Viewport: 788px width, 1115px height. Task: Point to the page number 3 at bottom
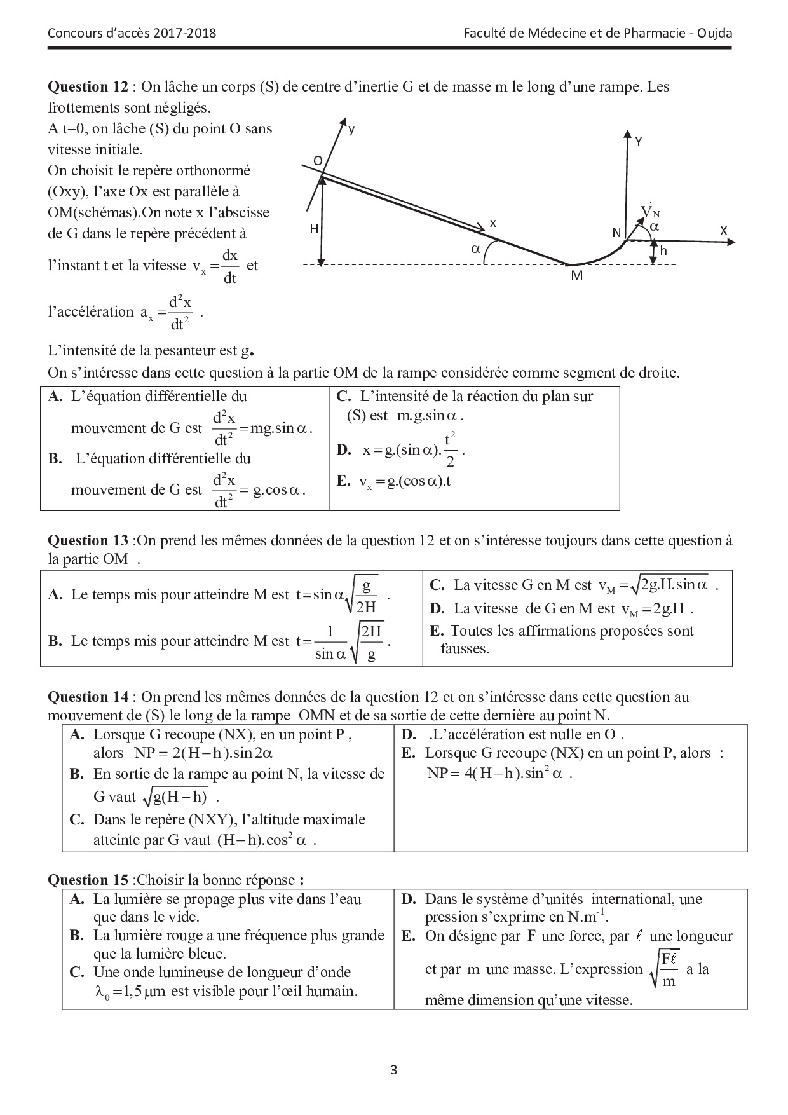point(394,1070)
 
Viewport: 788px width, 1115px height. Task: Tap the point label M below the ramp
point(576,276)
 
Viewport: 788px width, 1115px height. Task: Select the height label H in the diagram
point(314,229)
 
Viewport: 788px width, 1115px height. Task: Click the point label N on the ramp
point(616,233)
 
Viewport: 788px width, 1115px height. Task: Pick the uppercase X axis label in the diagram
point(723,231)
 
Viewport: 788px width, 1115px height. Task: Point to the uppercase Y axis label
point(638,142)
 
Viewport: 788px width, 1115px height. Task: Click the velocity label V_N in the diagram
point(649,211)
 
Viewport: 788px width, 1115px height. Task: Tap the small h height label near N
point(664,250)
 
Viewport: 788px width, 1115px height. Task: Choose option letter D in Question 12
point(343,450)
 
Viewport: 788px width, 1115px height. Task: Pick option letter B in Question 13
point(55,641)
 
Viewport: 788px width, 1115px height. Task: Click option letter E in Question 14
point(408,753)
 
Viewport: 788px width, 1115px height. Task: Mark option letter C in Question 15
point(77,972)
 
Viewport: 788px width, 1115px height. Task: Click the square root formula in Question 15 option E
point(663,969)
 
